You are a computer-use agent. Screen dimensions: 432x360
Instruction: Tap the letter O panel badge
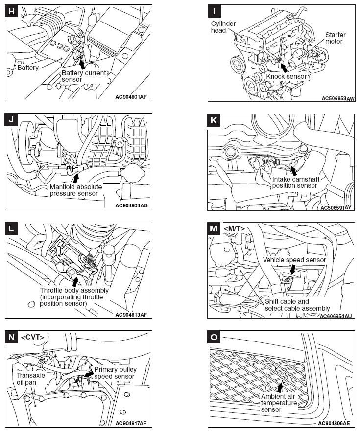pyautogui.click(x=214, y=337)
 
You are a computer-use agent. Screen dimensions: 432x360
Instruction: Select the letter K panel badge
pyautogui.click(x=214, y=120)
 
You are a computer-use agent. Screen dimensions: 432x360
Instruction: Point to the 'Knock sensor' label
pyautogui.click(x=286, y=76)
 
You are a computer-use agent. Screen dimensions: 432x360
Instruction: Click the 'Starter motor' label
pyautogui.click(x=336, y=38)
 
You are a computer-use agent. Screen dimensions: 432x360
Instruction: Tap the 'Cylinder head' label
pyautogui.click(x=223, y=27)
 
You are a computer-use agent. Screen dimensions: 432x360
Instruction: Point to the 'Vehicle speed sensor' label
pyautogui.click(x=294, y=260)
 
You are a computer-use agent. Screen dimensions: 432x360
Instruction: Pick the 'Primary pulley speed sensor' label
pyautogui.click(x=115, y=373)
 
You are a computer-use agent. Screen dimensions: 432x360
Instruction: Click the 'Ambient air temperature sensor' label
pyautogui.click(x=279, y=403)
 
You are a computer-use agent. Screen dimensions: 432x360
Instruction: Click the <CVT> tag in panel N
pyautogui.click(x=32, y=337)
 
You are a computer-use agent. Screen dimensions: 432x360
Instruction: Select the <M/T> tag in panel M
pyautogui.click(x=234, y=228)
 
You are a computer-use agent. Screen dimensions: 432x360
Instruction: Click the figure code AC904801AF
pyautogui.click(x=129, y=97)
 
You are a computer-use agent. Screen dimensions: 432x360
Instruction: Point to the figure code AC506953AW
pyautogui.click(x=338, y=98)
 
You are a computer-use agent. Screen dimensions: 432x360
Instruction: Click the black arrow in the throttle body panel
pyautogui.click(x=74, y=281)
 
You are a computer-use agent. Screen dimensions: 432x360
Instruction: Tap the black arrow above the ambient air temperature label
pyautogui.click(x=280, y=387)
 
